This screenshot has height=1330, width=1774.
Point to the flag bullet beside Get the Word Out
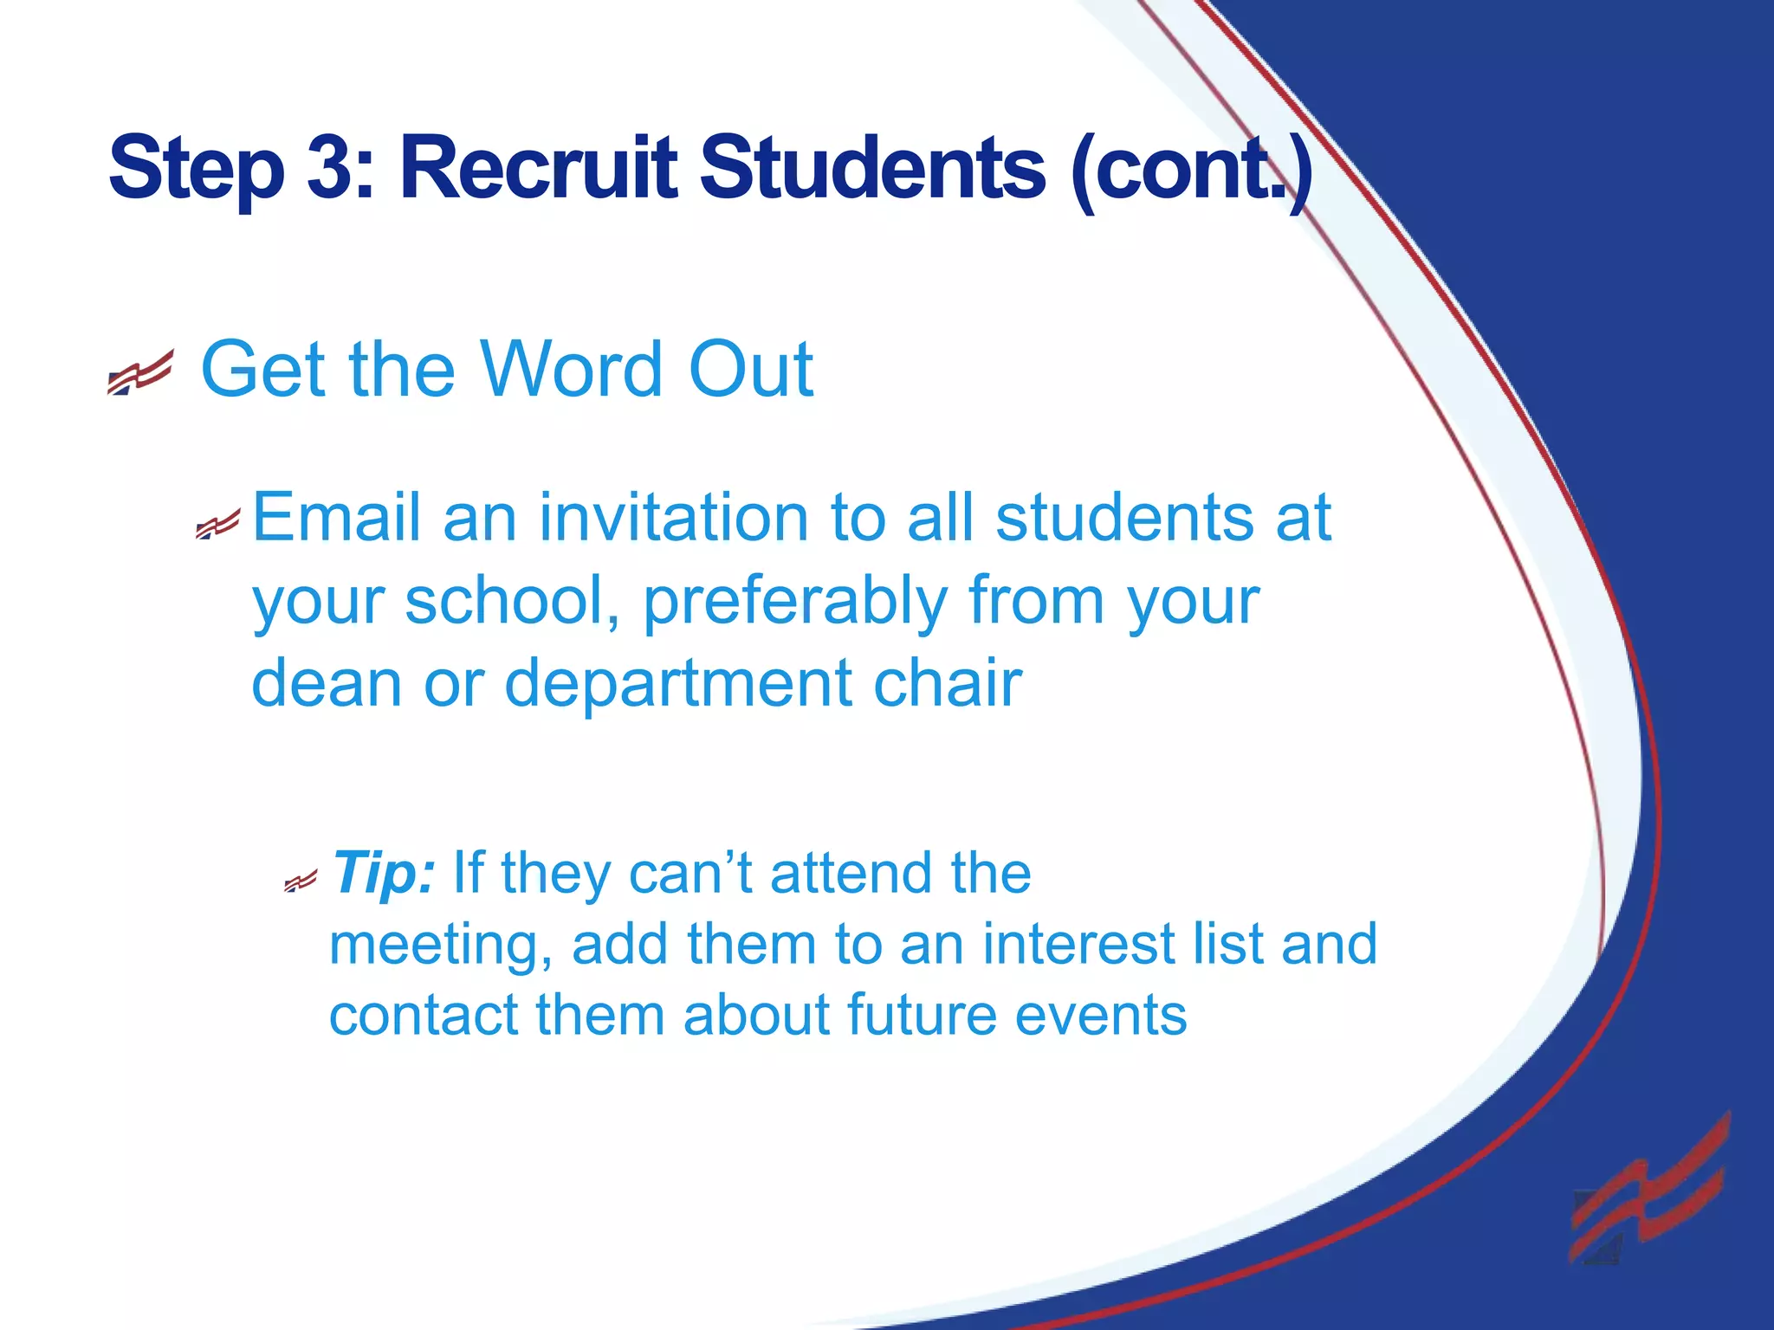tap(140, 372)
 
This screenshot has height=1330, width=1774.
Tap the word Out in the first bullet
tap(750, 370)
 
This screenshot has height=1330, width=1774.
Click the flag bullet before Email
tap(217, 524)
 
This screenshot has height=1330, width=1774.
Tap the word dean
tap(327, 683)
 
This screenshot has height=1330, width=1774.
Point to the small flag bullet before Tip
tap(301, 882)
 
